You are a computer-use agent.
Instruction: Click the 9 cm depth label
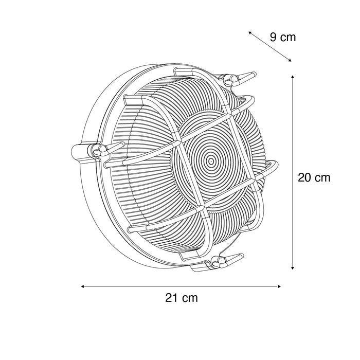(283, 37)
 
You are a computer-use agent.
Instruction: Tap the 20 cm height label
(314, 177)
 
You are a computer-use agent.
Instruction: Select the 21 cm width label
(181, 297)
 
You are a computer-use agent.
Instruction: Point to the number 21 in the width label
(171, 297)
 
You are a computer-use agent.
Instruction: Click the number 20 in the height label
(304, 177)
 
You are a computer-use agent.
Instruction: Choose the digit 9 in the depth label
(274, 37)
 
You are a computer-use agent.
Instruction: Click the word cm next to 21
(189, 297)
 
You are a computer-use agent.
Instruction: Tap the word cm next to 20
(322, 177)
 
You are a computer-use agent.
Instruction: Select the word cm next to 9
(288, 37)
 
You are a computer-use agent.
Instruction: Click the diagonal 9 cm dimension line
(270, 46)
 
